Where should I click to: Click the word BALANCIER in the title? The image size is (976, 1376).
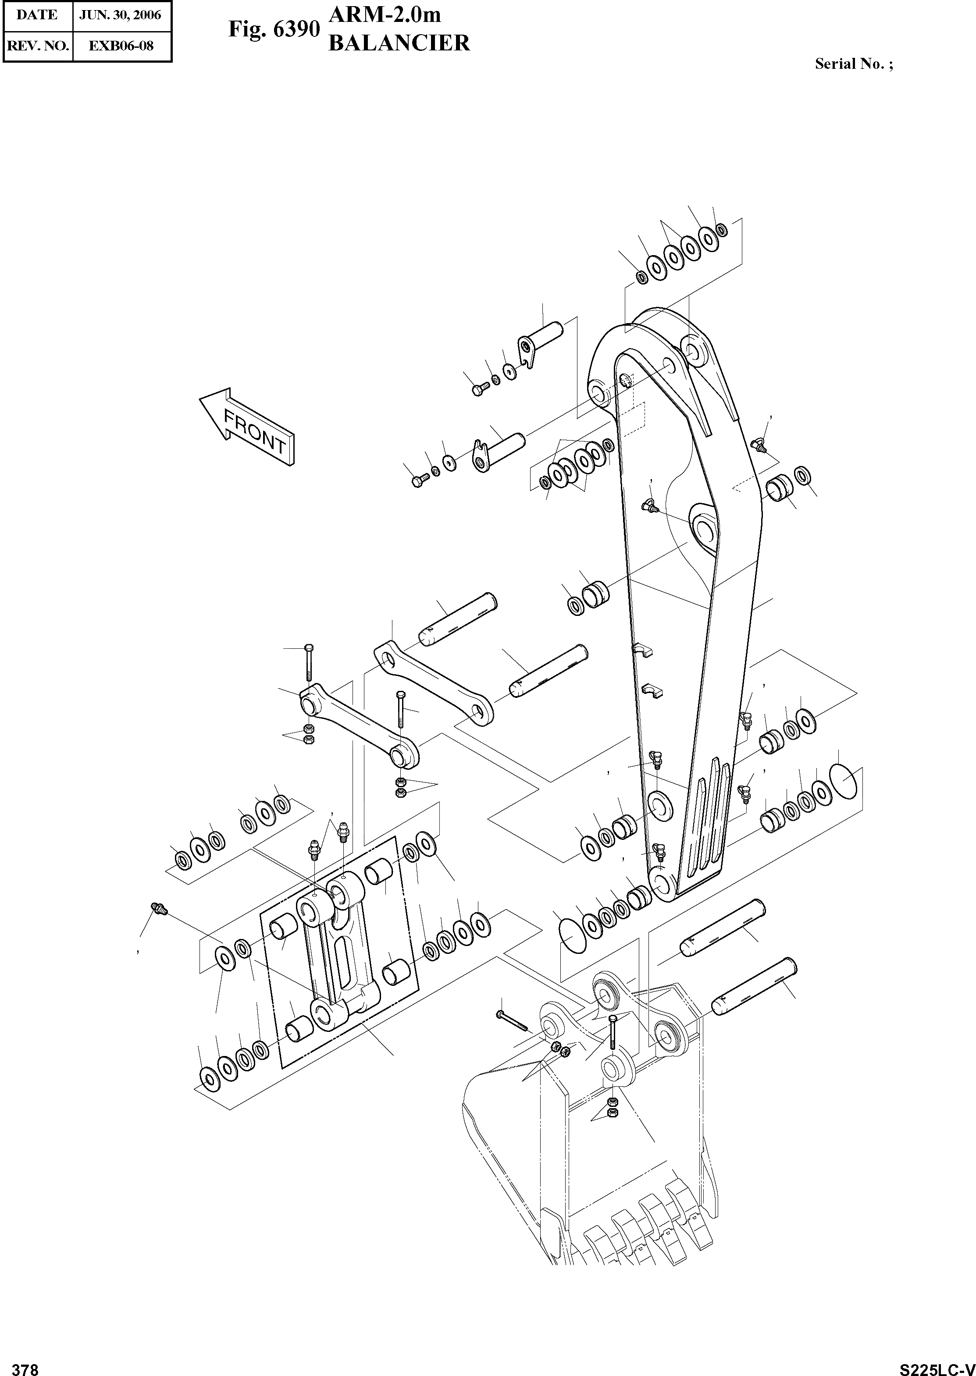pyautogui.click(x=399, y=43)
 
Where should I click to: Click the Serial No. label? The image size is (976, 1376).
pyautogui.click(x=853, y=64)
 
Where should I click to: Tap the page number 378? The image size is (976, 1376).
pyautogui.click(x=25, y=1365)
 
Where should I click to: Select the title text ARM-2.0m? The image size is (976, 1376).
pyautogui.click(x=385, y=14)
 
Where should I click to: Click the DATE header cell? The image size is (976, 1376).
pyautogui.click(x=37, y=15)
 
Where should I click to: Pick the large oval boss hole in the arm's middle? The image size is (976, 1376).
pyautogui.click(x=704, y=530)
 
